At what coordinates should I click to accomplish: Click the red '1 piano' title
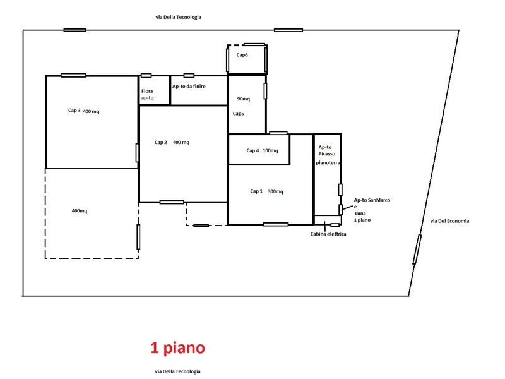178,348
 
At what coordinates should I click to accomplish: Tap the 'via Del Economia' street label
449,221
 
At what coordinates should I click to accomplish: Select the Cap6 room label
242,55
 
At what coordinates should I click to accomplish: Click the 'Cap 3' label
74,110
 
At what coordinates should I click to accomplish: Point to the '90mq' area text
244,99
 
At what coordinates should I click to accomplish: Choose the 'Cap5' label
239,114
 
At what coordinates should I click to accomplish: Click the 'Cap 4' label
252,150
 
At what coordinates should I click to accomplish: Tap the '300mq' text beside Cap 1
275,191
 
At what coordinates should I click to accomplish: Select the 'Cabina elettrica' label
328,234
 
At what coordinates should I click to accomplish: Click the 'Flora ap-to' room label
147,94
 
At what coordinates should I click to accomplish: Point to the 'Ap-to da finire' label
189,87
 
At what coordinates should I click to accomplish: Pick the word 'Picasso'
327,154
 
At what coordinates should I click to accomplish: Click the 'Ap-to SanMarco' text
372,200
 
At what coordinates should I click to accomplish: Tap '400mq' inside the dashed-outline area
80,211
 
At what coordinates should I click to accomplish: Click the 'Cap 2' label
161,143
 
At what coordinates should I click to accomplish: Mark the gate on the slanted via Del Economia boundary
417,250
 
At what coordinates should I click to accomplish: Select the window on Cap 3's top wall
73,75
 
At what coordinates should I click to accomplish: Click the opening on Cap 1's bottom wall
276,224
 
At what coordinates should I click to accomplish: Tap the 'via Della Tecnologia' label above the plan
179,17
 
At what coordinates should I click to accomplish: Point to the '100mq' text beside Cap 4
270,150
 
